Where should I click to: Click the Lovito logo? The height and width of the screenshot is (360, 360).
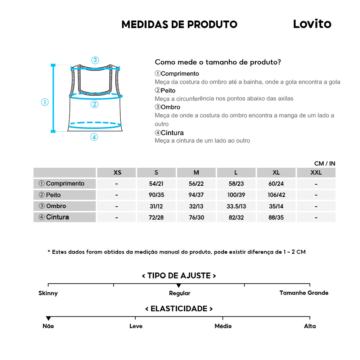(312, 24)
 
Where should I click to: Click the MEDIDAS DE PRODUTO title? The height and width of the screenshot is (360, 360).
(179, 24)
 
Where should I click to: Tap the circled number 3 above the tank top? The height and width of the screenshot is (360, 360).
(95, 60)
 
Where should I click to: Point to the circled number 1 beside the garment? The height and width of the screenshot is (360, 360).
(45, 102)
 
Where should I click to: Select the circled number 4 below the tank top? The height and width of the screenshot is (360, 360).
(94, 137)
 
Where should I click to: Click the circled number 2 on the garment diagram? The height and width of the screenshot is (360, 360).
(94, 104)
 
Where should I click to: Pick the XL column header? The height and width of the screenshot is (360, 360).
(276, 172)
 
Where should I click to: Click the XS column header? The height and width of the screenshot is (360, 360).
(117, 172)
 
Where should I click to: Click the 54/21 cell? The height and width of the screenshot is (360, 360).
(156, 184)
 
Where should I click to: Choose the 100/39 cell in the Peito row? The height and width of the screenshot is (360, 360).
(236, 195)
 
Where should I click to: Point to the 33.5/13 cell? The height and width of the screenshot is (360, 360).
(236, 206)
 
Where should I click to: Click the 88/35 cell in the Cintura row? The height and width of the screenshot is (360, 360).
(276, 217)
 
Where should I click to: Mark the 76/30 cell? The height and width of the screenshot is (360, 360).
(196, 217)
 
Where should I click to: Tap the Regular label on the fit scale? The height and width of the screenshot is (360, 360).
(180, 293)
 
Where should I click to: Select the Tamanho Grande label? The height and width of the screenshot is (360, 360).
(304, 293)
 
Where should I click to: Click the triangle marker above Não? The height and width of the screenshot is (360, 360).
(48, 318)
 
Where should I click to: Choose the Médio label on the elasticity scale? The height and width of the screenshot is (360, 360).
(223, 326)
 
